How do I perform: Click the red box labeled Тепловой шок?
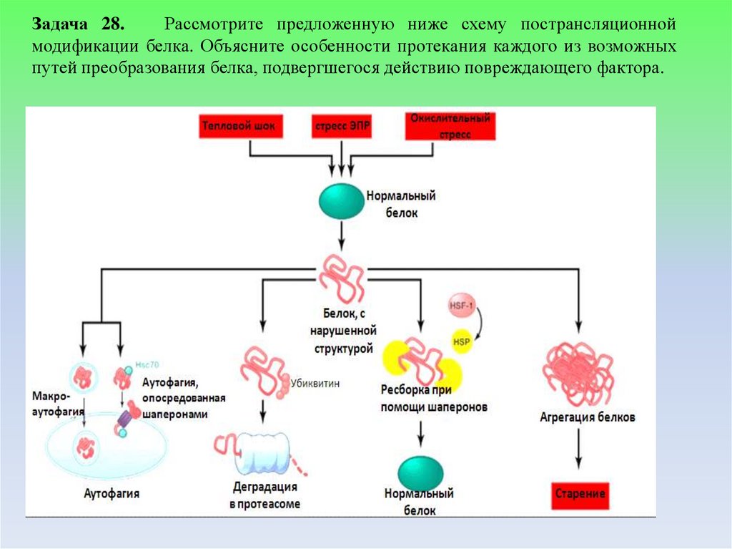(x=243, y=126)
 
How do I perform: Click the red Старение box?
(x=580, y=494)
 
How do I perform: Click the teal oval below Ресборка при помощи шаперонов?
(x=420, y=473)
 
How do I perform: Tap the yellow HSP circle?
(x=461, y=341)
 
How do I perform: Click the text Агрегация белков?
(x=587, y=417)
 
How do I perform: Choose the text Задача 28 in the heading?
(x=77, y=24)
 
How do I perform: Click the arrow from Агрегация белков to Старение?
(x=580, y=451)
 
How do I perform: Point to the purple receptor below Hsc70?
(x=124, y=417)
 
